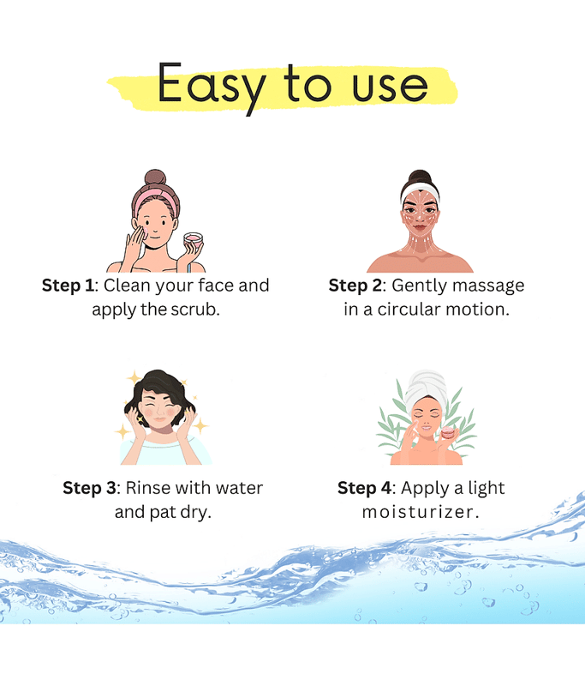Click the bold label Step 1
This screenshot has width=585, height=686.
68,286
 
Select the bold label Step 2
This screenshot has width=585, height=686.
355,286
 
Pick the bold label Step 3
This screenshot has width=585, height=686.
89,488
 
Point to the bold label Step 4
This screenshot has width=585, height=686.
364,488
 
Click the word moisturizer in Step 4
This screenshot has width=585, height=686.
418,512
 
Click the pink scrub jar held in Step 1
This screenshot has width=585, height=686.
193,242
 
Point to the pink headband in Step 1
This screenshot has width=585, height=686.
154,202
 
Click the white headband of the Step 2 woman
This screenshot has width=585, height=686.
420,193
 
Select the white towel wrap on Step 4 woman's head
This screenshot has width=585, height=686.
426,389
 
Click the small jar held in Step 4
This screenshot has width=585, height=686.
448,433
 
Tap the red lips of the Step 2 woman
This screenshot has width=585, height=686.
420,226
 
